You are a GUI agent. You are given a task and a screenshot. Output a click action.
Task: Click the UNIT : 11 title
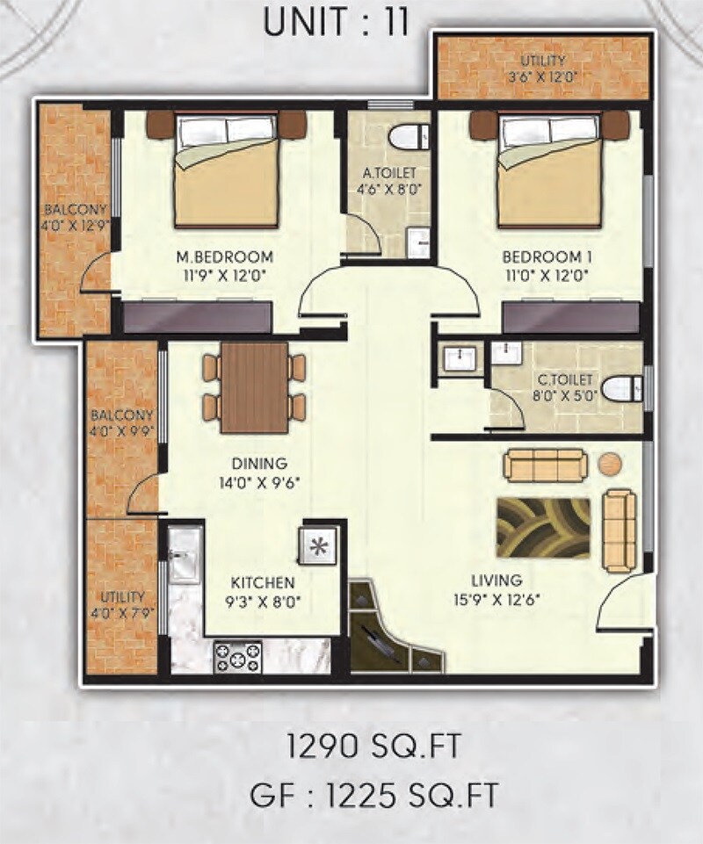(x=337, y=21)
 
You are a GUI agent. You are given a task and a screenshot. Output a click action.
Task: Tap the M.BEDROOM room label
(x=225, y=257)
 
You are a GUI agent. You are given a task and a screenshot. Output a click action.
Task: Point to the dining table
(x=254, y=387)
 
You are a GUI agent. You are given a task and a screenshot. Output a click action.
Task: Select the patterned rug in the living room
(x=542, y=527)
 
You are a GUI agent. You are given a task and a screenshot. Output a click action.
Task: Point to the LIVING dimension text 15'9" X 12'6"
(x=496, y=600)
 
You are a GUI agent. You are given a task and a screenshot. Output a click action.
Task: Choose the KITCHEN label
(x=263, y=582)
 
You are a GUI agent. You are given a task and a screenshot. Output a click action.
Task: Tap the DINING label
(x=260, y=464)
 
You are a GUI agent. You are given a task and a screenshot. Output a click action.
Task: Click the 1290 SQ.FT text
(x=374, y=749)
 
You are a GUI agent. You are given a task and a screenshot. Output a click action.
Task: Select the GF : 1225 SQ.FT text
(x=373, y=796)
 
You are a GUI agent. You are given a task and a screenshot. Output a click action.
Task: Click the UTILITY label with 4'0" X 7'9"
(x=121, y=595)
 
